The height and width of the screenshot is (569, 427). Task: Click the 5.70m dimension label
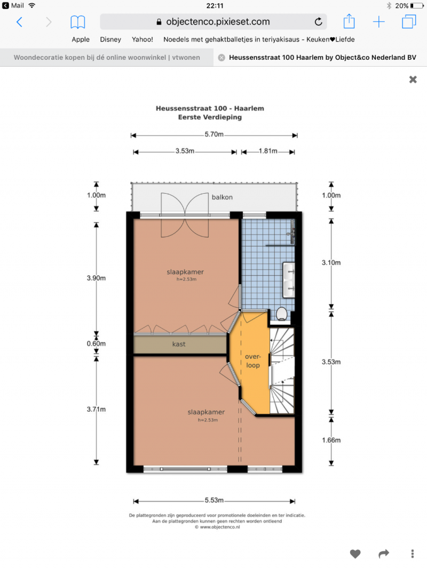coord(214,134)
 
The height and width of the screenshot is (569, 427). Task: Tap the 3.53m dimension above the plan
coord(185,151)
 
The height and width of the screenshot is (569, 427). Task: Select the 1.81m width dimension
coord(268,151)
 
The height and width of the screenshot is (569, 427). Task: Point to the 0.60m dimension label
coord(96,343)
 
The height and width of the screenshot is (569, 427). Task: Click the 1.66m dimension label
coord(331,440)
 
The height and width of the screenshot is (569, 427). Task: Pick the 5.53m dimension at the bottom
coord(214,500)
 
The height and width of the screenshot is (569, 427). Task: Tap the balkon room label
coord(222,197)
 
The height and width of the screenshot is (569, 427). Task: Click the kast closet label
coord(179,344)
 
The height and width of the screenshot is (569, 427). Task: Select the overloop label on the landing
coord(252,360)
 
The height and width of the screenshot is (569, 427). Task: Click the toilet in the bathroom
coord(282,314)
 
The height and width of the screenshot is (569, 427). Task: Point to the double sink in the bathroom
coord(289,280)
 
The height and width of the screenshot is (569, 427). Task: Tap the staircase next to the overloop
coord(282,371)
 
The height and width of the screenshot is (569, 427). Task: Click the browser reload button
coord(319,22)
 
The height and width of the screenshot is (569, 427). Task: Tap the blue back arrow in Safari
coord(20,22)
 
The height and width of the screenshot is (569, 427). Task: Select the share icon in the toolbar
coord(349,21)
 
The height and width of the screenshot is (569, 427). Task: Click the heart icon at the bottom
coord(355,554)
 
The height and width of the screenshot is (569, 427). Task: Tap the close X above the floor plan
coord(413,79)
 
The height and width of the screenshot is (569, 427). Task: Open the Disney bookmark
coord(110,39)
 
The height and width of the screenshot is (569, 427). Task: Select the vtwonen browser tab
coord(107,58)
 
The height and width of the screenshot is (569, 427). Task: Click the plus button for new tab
coord(379,22)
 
